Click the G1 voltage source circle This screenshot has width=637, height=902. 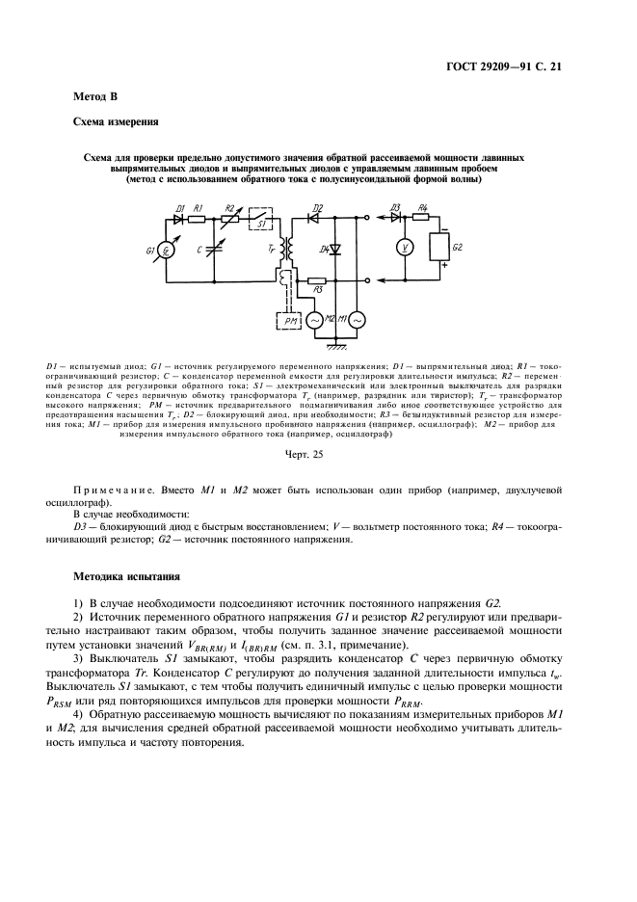click(167, 252)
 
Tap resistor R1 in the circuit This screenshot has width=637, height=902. click(198, 219)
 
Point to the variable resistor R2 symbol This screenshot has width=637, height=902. click(229, 219)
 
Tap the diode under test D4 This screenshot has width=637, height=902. click(333, 250)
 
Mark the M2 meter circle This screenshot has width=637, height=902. click(315, 319)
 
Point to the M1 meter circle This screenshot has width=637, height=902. click(356, 319)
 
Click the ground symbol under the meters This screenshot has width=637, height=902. click(334, 344)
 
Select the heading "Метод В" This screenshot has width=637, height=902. click(96, 97)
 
